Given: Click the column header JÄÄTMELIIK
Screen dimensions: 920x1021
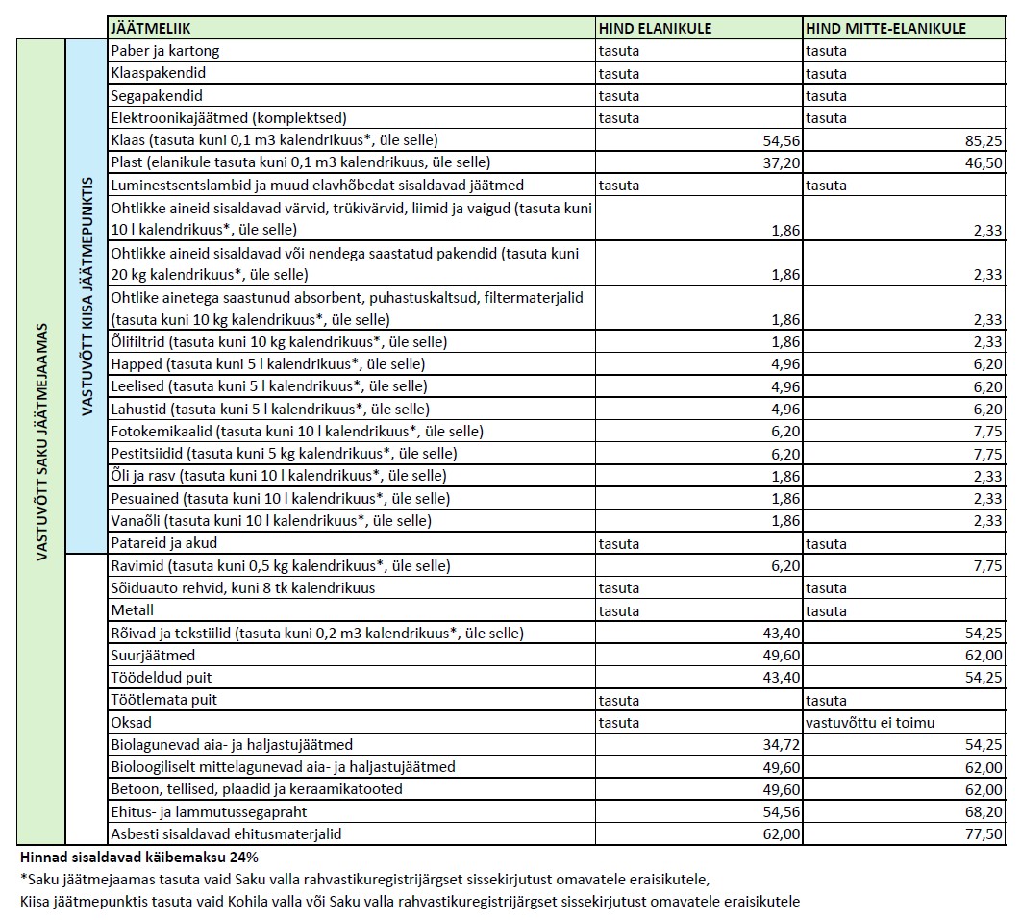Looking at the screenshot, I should pyautogui.click(x=151, y=29).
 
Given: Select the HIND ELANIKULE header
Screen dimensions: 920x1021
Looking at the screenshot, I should pyautogui.click(x=655, y=29).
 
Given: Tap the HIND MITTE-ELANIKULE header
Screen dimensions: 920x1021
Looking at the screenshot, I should pyautogui.click(x=885, y=29).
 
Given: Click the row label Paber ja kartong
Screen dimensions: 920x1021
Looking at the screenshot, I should pyautogui.click(x=165, y=51).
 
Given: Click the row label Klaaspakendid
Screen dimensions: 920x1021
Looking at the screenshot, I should pyautogui.click(x=159, y=73).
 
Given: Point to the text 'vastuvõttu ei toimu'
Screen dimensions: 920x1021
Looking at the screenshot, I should pyautogui.click(x=870, y=723).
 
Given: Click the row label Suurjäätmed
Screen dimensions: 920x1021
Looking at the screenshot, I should pyautogui.click(x=154, y=656).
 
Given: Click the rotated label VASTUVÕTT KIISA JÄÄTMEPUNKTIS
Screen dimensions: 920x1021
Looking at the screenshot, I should pyautogui.click(x=87, y=295).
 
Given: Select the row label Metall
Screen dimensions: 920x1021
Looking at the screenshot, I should pyautogui.click(x=133, y=610).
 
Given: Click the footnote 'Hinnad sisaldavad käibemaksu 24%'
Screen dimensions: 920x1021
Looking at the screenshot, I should pyautogui.click(x=138, y=857).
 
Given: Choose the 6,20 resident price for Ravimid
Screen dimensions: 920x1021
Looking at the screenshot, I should pyautogui.click(x=785, y=566).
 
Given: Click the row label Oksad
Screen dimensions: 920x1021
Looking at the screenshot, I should pyautogui.click(x=132, y=723).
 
